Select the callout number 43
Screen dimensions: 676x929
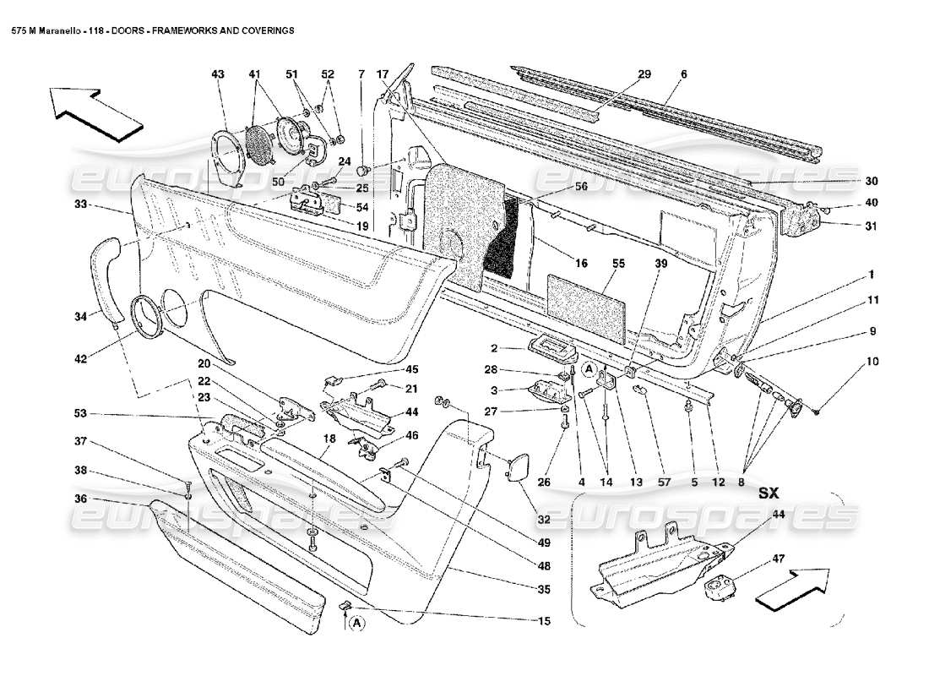click(218, 74)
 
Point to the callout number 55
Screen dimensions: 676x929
click(618, 264)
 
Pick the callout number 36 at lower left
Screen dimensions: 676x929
click(80, 499)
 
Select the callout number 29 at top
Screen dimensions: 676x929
click(644, 74)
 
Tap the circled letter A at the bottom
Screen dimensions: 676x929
click(356, 623)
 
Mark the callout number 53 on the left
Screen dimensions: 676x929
click(80, 414)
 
